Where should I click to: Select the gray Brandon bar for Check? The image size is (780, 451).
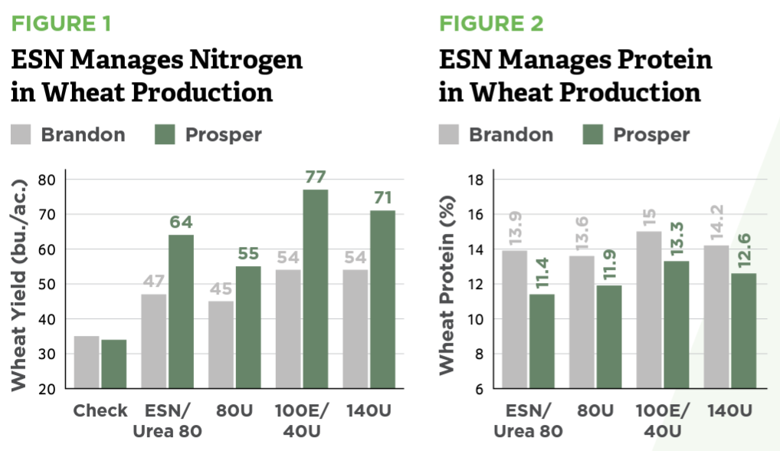pyautogui.click(x=87, y=362)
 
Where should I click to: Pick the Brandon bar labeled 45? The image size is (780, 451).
pyautogui.click(x=221, y=344)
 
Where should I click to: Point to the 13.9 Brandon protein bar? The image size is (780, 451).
pyautogui.click(x=515, y=319)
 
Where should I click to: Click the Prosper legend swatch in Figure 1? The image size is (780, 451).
pyautogui.click(x=165, y=135)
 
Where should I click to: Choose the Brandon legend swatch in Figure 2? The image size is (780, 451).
pyautogui.click(x=449, y=135)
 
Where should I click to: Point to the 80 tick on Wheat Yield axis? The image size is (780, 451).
pyautogui.click(x=50, y=179)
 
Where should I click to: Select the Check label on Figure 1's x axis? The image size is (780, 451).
pyautogui.click(x=100, y=411)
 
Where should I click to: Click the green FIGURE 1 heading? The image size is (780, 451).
pyautogui.click(x=61, y=23)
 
